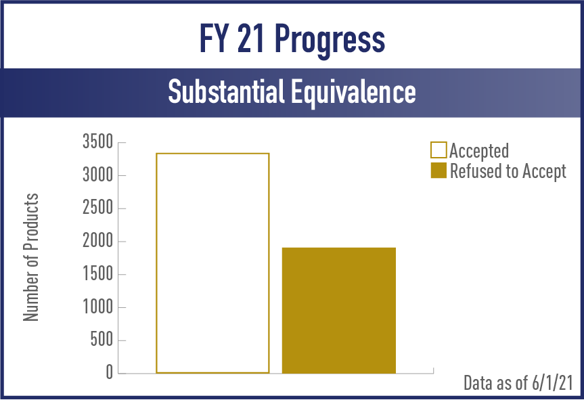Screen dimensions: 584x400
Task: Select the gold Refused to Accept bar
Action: coord(339,310)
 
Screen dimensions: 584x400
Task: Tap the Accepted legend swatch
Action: coord(439,150)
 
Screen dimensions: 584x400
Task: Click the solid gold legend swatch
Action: coord(439,170)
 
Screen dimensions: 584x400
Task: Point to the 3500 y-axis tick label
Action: coord(97,142)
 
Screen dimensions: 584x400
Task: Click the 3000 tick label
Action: coord(97,175)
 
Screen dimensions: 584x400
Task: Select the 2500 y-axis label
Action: coord(97,208)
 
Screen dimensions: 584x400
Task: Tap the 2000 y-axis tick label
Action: coord(97,241)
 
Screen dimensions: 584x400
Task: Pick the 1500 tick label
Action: coord(97,274)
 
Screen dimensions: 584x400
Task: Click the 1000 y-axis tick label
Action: coord(97,307)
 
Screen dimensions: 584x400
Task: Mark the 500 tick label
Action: coord(102,340)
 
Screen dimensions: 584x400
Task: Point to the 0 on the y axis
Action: coord(109,372)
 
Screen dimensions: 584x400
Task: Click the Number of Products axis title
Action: coord(31,257)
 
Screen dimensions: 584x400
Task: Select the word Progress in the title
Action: coord(330,40)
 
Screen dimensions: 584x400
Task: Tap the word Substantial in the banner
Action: coord(226,91)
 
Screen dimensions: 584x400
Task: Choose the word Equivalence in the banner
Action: coord(353,92)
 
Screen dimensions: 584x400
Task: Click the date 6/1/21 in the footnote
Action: coord(552,383)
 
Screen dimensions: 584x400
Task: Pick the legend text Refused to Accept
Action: coord(508,171)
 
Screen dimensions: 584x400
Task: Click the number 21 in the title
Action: coord(250,38)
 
